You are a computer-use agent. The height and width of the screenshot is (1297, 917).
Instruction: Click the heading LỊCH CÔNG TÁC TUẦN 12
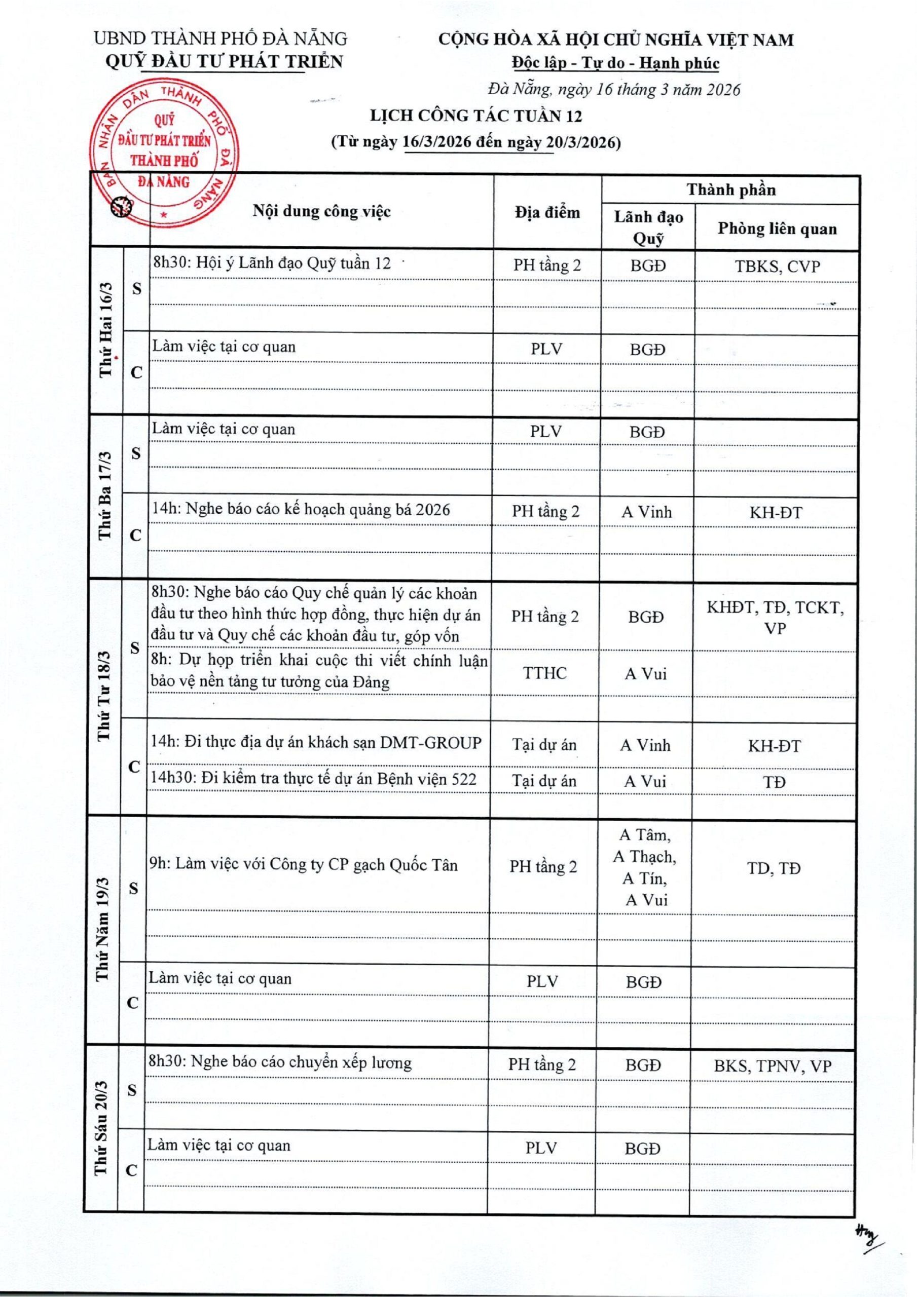(475, 116)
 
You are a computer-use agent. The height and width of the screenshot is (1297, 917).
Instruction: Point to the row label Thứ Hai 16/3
(106, 330)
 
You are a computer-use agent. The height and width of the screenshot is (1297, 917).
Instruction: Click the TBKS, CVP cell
(777, 266)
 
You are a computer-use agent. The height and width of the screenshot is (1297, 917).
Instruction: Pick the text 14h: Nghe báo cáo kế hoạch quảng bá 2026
(301, 510)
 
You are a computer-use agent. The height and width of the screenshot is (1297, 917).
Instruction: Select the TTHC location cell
(544, 673)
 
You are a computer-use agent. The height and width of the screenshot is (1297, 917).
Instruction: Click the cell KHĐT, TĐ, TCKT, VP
(775, 618)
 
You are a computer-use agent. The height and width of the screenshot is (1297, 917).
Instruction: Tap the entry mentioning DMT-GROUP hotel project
(315, 743)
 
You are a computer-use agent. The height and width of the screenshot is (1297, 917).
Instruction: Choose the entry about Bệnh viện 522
(313, 780)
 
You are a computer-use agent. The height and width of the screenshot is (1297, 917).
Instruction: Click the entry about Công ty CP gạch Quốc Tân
(303, 865)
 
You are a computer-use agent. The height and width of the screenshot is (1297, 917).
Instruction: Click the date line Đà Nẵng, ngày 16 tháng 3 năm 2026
(614, 89)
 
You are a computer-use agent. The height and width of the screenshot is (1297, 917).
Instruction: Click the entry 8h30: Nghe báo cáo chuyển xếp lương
(279, 1062)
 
